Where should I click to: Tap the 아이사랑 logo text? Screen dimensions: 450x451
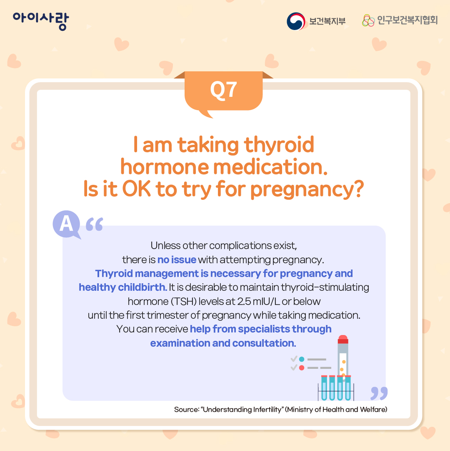(x=41, y=21)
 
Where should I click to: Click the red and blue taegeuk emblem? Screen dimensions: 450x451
(x=296, y=21)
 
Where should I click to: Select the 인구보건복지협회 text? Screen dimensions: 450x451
(x=407, y=20)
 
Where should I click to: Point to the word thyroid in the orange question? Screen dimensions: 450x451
(x=279, y=145)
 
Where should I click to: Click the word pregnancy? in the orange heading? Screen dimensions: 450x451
(x=307, y=189)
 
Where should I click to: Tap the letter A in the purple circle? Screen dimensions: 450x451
(x=66, y=224)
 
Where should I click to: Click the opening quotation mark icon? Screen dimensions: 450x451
(x=95, y=224)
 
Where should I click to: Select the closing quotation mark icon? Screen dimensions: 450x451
(x=379, y=393)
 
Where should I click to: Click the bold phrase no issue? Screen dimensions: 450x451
(x=177, y=260)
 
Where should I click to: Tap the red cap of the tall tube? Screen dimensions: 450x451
(x=343, y=339)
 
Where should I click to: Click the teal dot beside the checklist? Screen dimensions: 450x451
(x=302, y=359)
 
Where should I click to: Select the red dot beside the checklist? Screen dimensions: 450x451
(x=302, y=368)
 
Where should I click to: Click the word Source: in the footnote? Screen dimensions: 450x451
(x=187, y=409)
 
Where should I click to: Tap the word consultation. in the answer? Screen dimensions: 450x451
(x=264, y=343)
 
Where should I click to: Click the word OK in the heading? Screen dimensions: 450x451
(x=136, y=189)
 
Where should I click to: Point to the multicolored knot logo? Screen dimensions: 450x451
(x=368, y=20)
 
